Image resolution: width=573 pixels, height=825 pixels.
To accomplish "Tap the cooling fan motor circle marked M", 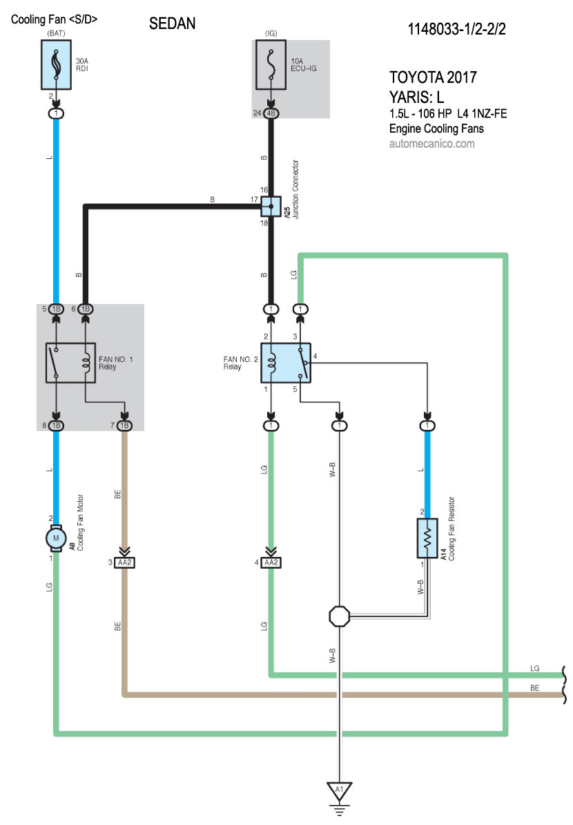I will coord(56,537).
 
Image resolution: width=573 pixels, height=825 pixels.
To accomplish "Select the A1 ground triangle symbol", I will coord(339,790).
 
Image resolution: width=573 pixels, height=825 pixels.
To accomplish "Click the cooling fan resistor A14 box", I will coord(428,538).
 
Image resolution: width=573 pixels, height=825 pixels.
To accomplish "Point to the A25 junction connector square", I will coord(271,205).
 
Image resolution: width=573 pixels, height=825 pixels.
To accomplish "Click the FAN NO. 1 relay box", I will coord(70,362).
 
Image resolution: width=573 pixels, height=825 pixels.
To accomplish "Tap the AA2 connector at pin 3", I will coord(125,562).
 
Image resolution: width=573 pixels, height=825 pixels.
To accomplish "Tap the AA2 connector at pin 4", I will coord(271,562).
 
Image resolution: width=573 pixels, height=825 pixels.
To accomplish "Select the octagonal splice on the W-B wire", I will coord(339,615).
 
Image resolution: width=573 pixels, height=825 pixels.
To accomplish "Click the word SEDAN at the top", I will coord(173,24).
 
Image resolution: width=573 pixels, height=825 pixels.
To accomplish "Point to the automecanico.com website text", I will coord(431,144).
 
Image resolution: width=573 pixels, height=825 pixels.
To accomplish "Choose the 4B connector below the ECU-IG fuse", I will coord(271,113).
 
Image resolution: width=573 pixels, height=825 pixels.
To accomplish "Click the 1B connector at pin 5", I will coord(56,309).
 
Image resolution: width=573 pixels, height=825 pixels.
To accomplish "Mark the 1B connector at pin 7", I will coord(125,426).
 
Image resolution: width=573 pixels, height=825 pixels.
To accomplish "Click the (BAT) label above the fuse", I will coord(56,33).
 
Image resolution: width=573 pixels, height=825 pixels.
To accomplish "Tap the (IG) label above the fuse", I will coord(271,33).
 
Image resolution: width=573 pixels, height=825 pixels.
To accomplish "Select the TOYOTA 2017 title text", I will coord(433,77).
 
